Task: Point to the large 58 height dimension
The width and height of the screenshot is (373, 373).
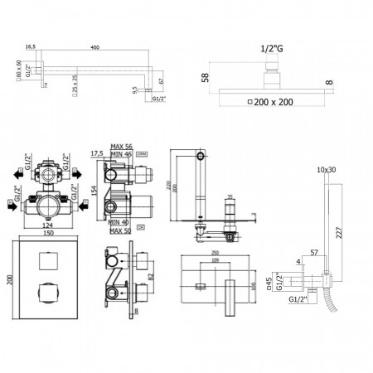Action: (204, 77)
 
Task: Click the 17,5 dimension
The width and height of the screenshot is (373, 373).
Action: (97, 154)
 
